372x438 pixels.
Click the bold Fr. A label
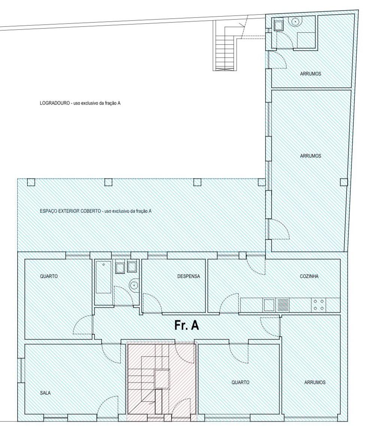click(x=187, y=325)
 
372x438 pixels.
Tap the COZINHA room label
click(x=309, y=276)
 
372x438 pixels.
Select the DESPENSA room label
click(x=189, y=276)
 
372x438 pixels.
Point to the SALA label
click(x=45, y=393)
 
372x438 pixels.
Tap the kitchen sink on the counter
click(x=269, y=305)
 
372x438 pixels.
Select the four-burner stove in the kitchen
click(x=318, y=305)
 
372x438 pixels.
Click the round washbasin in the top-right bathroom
click(x=296, y=21)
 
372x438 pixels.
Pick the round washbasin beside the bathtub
click(x=134, y=285)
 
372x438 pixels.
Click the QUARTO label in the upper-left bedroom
click(x=49, y=276)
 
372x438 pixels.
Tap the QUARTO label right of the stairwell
click(x=240, y=382)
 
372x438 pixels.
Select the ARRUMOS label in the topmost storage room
click(x=310, y=74)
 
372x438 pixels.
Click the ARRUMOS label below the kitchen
click(x=315, y=382)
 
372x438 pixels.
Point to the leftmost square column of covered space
click(x=31, y=182)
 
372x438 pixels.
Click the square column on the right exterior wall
click(x=344, y=182)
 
